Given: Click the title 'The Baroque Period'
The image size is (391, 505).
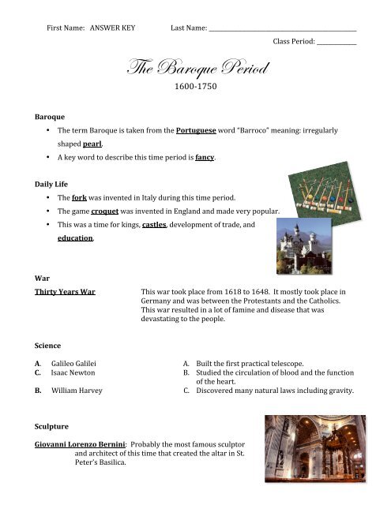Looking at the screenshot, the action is pyautogui.click(x=194, y=68).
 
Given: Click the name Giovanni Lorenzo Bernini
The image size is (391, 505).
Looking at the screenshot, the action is pyautogui.click(x=79, y=446).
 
